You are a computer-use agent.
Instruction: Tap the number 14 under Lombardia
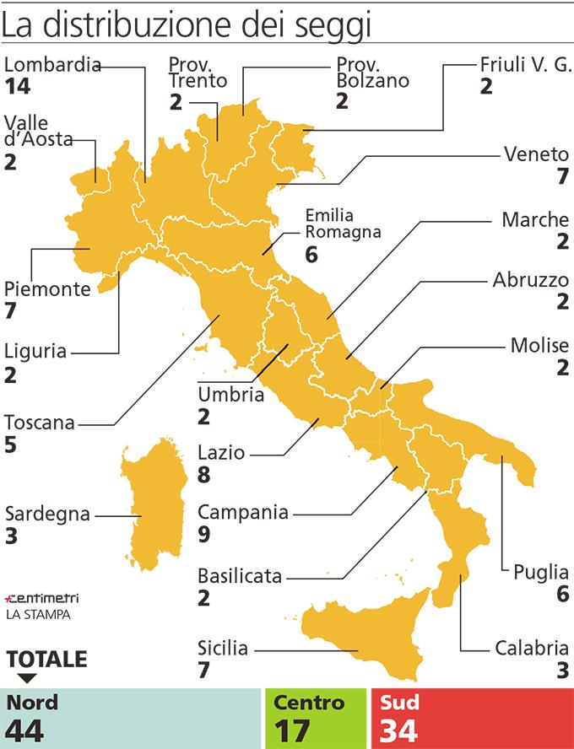[x=17, y=86]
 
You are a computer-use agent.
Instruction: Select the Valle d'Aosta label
[x=38, y=131]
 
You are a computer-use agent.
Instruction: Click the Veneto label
[x=537, y=154]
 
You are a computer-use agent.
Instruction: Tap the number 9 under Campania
[x=204, y=533]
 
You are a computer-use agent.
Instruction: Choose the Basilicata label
[x=240, y=577]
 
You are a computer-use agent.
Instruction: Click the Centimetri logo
[x=41, y=598]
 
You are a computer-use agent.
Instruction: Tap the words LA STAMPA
[x=38, y=615]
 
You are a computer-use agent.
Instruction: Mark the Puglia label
[x=541, y=573]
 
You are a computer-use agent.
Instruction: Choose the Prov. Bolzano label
[x=372, y=73]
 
